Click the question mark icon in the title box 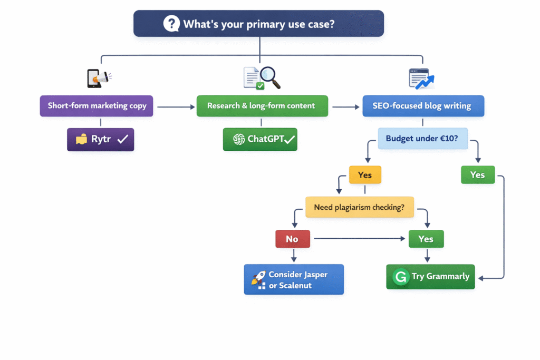172,24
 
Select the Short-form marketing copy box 97,106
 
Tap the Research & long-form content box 262,106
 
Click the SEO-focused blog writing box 422,106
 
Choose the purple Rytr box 100,140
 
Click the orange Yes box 364,175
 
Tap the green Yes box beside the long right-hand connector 478,175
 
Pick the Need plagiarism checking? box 359,207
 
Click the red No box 292,239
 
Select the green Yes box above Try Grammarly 426,239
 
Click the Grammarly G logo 401,277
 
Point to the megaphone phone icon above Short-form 98,79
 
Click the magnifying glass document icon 262,77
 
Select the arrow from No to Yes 359,239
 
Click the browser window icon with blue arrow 421,79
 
